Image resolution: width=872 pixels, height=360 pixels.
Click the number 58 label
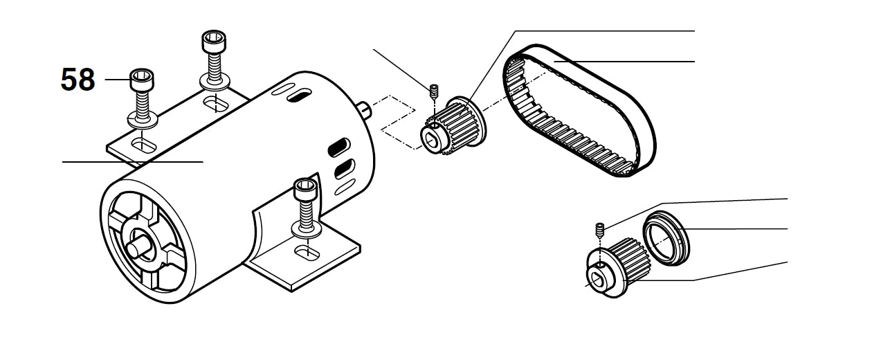click(78, 80)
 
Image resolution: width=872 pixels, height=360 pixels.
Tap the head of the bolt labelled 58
click(142, 79)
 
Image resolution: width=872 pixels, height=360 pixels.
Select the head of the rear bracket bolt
click(214, 42)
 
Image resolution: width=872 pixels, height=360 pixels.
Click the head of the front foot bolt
click(306, 190)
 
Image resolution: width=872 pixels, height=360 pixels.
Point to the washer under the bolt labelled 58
click(143, 120)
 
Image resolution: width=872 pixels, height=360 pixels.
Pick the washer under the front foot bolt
click(307, 230)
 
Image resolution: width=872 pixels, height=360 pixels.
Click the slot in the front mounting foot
click(307, 253)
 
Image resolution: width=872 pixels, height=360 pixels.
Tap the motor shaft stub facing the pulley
click(364, 110)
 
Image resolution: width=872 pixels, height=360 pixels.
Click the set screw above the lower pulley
click(600, 230)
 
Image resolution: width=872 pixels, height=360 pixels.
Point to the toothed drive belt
click(580, 110)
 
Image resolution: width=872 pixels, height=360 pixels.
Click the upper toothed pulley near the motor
click(453, 125)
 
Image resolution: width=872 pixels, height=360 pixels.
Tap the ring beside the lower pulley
click(666, 238)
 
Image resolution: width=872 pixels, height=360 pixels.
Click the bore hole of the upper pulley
click(431, 139)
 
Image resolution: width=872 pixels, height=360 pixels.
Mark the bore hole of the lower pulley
click(597, 278)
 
